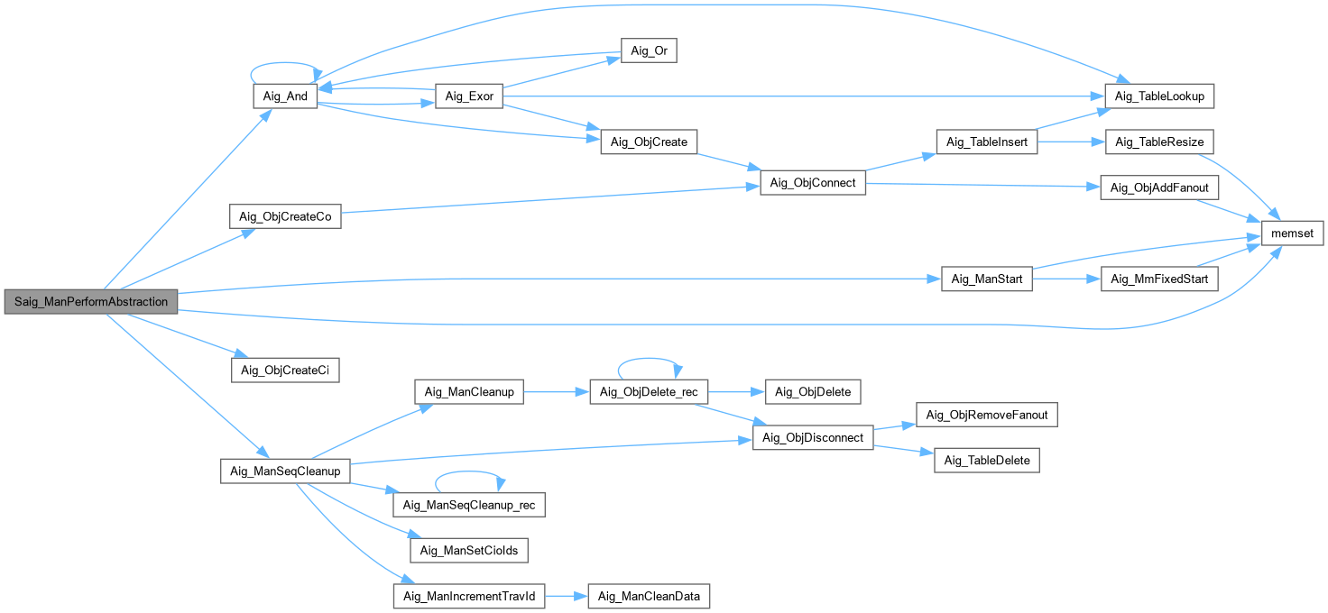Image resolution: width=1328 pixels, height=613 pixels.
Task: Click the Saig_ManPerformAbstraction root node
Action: tap(91, 302)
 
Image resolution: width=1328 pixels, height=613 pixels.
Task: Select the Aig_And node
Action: tap(284, 97)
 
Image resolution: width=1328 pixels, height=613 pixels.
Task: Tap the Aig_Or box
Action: tap(648, 51)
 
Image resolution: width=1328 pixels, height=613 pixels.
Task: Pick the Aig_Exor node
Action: tap(468, 97)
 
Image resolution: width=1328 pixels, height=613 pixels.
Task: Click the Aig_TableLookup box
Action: tap(1160, 96)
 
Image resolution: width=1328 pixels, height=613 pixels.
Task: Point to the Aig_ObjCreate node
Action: tap(649, 142)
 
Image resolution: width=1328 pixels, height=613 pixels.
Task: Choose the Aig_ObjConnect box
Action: tap(813, 183)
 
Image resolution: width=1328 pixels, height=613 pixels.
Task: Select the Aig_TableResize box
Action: tap(1159, 142)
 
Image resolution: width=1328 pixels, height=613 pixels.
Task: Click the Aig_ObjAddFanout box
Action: tap(1160, 188)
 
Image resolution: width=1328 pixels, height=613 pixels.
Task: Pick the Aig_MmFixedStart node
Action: tap(1159, 279)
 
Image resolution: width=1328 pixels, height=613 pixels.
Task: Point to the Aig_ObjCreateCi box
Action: tap(285, 371)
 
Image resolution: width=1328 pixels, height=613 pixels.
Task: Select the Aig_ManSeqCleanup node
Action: tap(285, 471)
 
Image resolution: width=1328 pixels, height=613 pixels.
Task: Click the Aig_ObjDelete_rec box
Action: tap(649, 391)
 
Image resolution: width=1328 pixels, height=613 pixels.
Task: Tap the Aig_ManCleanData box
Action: tap(649, 597)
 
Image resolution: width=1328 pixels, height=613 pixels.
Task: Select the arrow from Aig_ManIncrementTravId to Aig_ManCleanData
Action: tap(567, 597)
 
